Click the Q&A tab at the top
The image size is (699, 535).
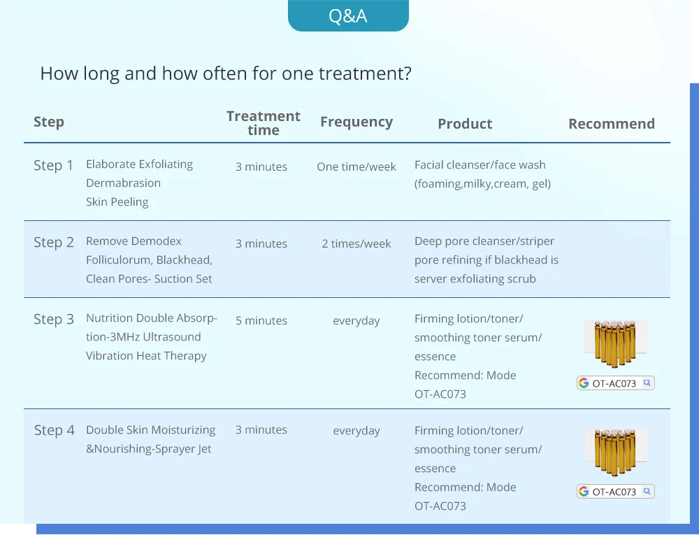[348, 15]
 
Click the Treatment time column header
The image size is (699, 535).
[264, 123]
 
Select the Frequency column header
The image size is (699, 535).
[356, 122]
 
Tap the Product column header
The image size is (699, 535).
[465, 124]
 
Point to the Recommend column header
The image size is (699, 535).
[612, 124]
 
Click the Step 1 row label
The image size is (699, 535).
[54, 166]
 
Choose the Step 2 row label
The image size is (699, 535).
[54, 242]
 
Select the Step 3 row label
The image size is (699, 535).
[54, 319]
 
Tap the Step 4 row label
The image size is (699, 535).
[55, 430]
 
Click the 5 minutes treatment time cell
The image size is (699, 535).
[261, 320]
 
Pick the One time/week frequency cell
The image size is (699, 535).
[356, 166]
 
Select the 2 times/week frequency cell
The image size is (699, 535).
[356, 243]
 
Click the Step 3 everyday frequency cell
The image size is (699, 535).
[356, 321]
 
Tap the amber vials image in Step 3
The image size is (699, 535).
[616, 343]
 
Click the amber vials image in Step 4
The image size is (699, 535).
[616, 452]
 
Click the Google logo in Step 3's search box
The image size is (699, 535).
[584, 383]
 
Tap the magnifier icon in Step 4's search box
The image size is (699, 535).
[647, 492]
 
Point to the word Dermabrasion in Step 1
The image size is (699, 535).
[124, 183]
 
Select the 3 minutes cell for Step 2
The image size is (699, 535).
[261, 243]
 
